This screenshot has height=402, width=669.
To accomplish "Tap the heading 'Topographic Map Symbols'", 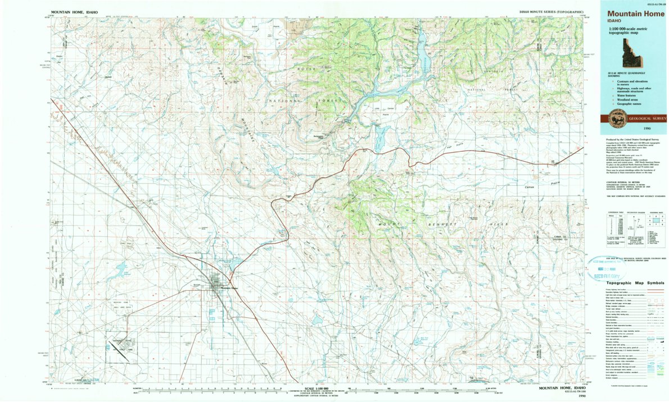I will tap(627, 284).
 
